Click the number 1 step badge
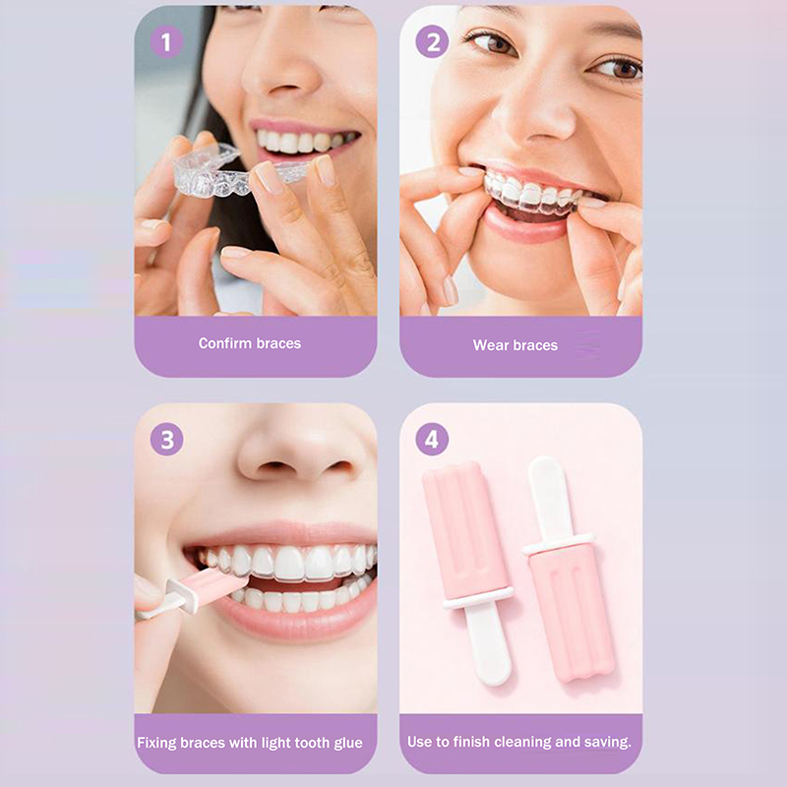pos(166,42)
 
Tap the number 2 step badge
pos(432,41)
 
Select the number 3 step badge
pos(166,440)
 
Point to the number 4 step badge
pos(432,439)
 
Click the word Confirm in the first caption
pos(225,343)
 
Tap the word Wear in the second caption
pos(489,345)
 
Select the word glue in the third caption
pos(346,744)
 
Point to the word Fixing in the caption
pos(157,744)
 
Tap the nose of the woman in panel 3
pos(305,454)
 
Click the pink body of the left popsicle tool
pos(466,528)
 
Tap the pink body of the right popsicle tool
pos(572,613)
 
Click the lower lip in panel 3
pos(296,618)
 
